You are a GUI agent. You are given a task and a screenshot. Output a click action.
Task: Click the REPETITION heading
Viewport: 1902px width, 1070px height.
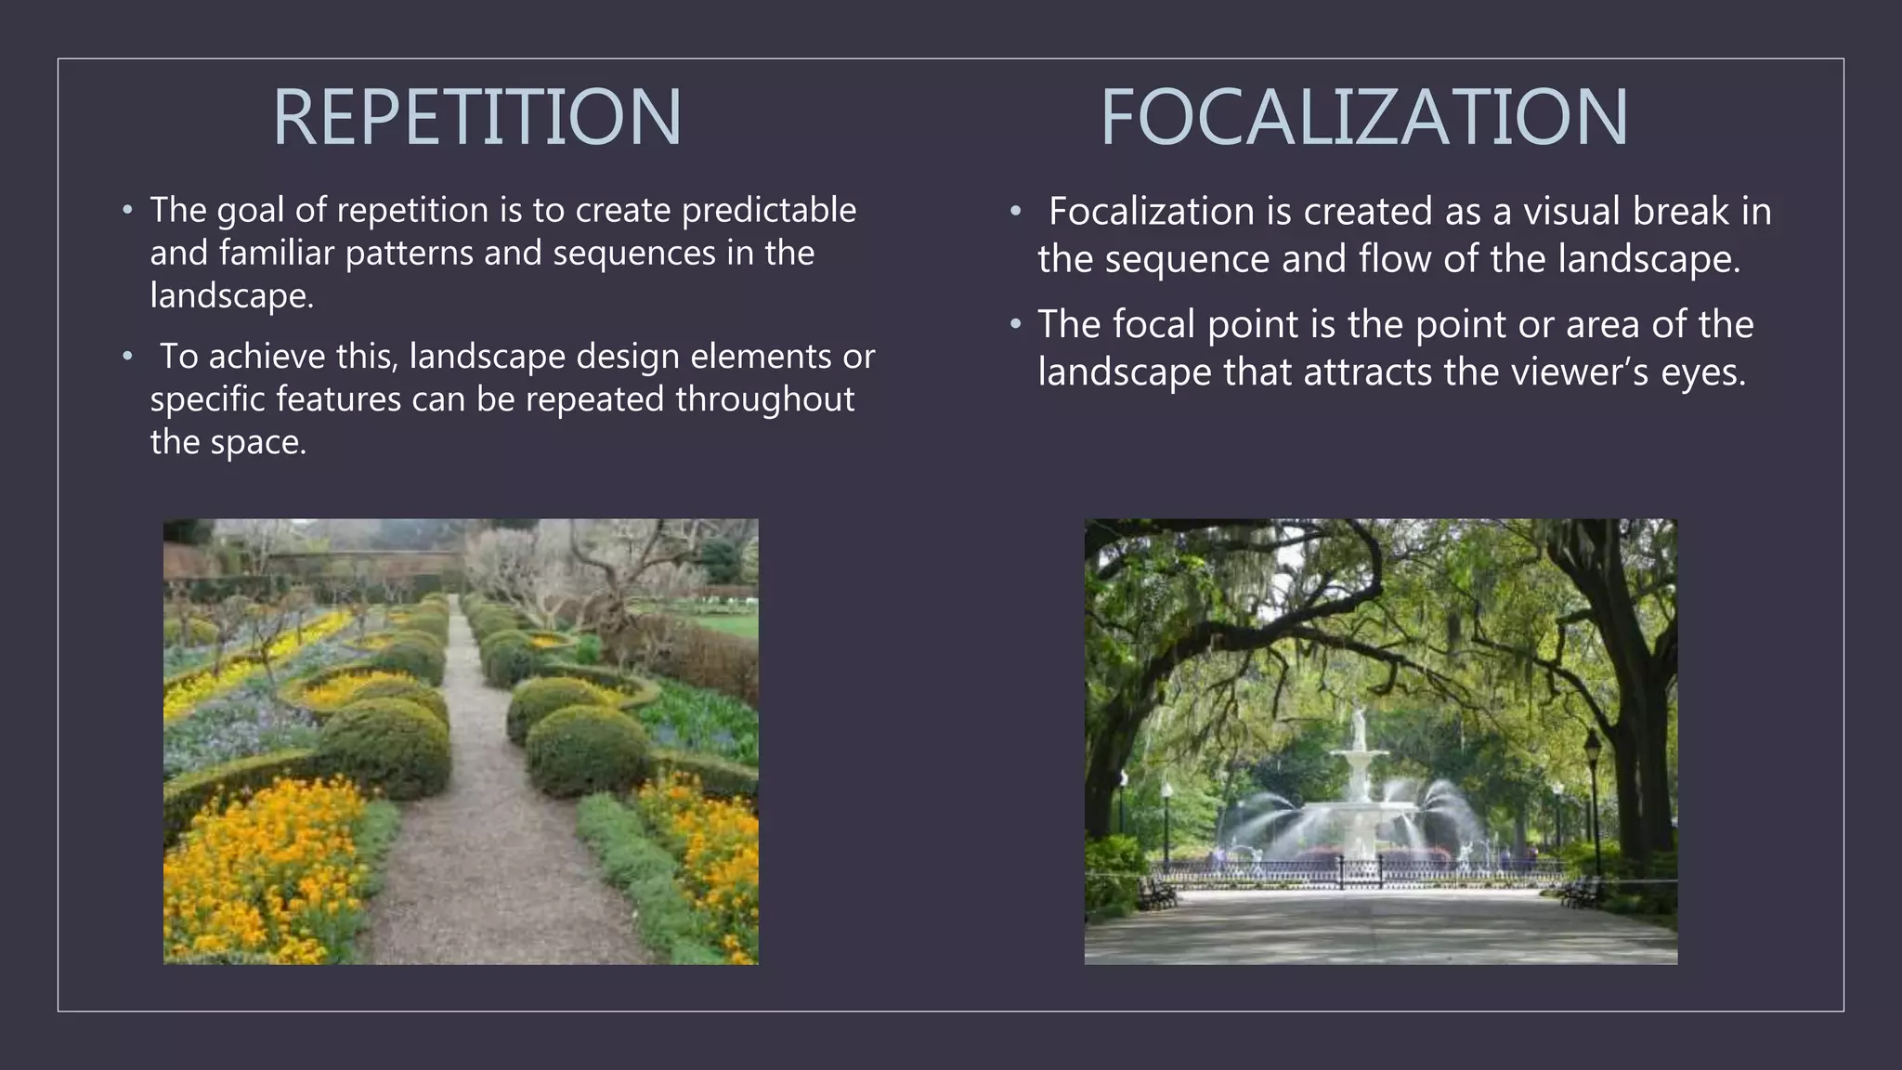476,117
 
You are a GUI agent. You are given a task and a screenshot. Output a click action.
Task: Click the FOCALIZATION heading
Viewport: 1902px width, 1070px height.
1363,117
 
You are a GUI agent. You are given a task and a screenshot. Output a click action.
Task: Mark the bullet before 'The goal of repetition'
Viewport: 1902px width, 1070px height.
128,210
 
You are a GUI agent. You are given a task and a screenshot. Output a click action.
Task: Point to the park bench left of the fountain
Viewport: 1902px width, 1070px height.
1156,894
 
